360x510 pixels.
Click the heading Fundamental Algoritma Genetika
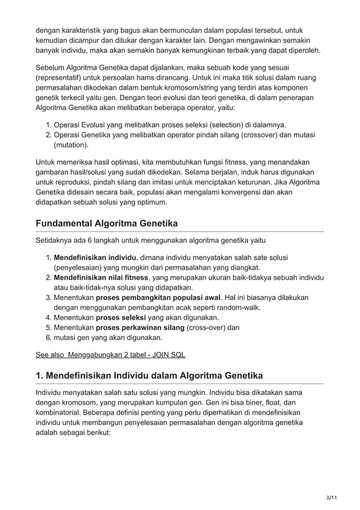(x=107, y=224)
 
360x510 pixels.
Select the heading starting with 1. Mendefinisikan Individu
(x=150, y=375)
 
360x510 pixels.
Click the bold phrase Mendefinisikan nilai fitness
(x=100, y=277)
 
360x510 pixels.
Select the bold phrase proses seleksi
(x=121, y=317)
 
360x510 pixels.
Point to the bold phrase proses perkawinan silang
(x=141, y=328)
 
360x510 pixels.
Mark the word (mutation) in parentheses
(x=71, y=145)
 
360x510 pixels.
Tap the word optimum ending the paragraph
(x=150, y=202)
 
